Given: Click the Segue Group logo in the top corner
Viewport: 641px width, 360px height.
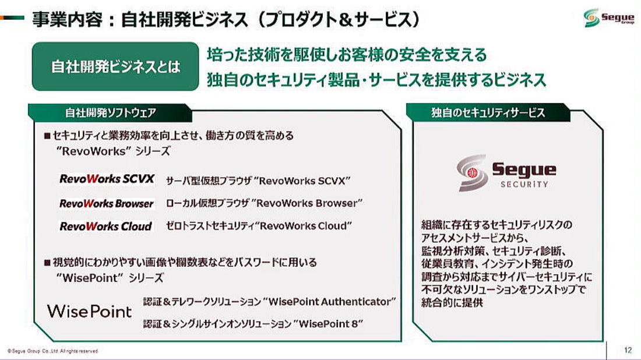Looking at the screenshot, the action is point(609,18).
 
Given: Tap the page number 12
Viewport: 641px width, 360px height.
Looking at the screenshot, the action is point(628,350).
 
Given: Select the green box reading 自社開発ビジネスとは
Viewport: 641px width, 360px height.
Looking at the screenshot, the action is point(115,66).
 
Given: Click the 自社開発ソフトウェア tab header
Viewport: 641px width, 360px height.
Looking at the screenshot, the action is point(110,113).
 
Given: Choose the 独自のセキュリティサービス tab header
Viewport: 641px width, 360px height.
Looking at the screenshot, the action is point(488,113).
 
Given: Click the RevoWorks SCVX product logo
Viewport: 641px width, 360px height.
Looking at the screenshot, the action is point(107,179).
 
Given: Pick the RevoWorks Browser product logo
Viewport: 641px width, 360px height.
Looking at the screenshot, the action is point(107,203).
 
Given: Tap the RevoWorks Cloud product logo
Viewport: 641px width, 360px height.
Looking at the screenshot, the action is point(106,226).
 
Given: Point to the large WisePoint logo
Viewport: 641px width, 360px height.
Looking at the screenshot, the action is point(90,312).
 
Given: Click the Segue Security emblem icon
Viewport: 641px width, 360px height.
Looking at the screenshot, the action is point(472,173).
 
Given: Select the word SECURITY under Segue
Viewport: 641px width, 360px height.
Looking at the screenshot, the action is point(524,184).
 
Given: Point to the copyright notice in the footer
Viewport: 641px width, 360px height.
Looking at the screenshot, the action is point(52,351).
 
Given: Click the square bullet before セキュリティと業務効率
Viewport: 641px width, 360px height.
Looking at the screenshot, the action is point(47,136).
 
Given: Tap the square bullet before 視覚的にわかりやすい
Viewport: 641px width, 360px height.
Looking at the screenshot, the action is point(47,262).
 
